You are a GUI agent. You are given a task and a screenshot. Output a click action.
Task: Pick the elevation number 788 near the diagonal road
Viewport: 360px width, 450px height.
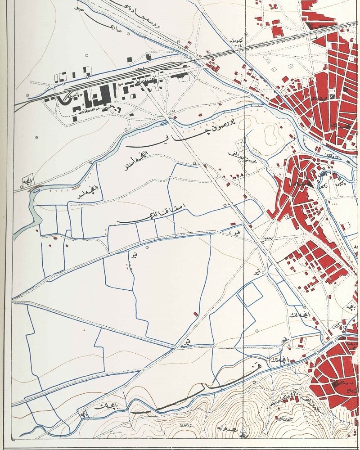coord(269,239)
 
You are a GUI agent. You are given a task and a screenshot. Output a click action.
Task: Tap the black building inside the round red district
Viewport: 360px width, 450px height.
coord(336,384)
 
